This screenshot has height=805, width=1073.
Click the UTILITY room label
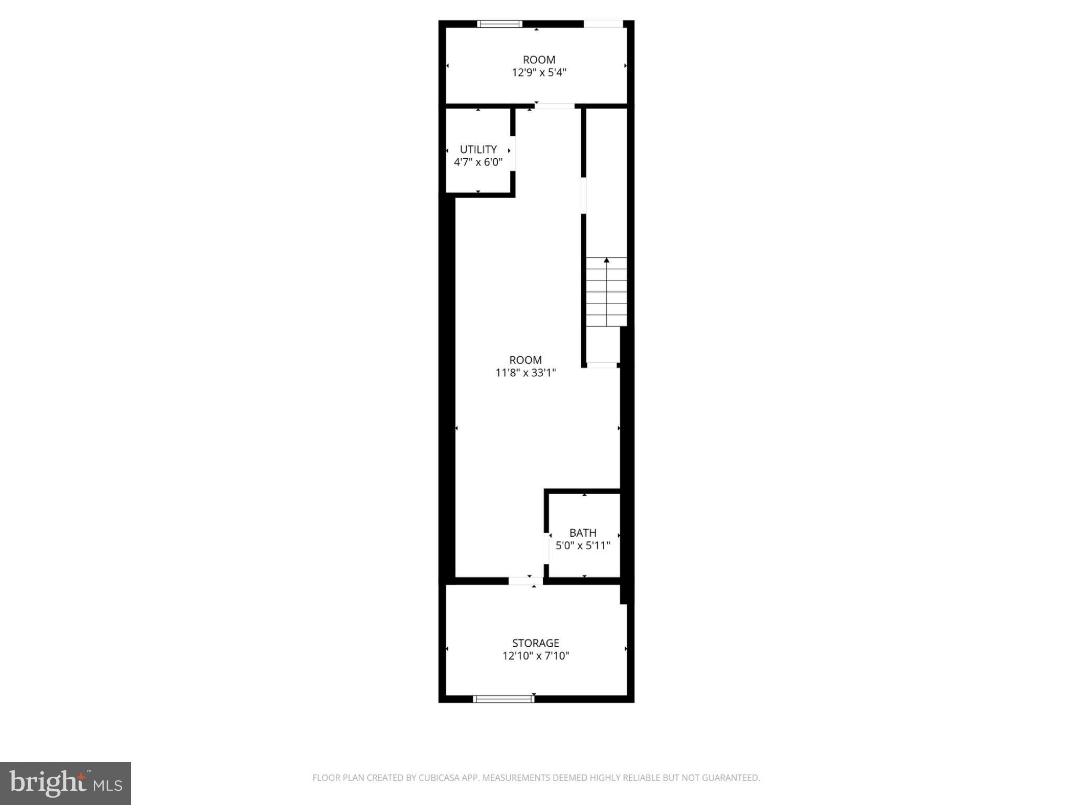[478, 150]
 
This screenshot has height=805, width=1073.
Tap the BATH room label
[583, 533]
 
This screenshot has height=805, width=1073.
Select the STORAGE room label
[535, 643]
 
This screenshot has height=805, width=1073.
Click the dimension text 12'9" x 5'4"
[539, 73]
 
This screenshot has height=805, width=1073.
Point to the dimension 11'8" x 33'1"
[525, 373]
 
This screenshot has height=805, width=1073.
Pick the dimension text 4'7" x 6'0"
[478, 162]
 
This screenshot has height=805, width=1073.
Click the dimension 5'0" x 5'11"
[583, 546]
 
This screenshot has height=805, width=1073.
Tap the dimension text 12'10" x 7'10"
[535, 656]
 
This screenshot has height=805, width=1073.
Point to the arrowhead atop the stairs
[607, 260]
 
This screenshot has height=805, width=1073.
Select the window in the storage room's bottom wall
[503, 699]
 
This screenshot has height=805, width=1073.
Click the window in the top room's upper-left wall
[500, 24]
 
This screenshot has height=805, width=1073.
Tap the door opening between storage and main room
[525, 581]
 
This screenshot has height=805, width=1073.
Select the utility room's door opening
[513, 153]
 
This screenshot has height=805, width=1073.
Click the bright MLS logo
[65, 784]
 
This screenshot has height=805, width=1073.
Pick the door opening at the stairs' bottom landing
[602, 365]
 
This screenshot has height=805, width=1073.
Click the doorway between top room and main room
[555, 106]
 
